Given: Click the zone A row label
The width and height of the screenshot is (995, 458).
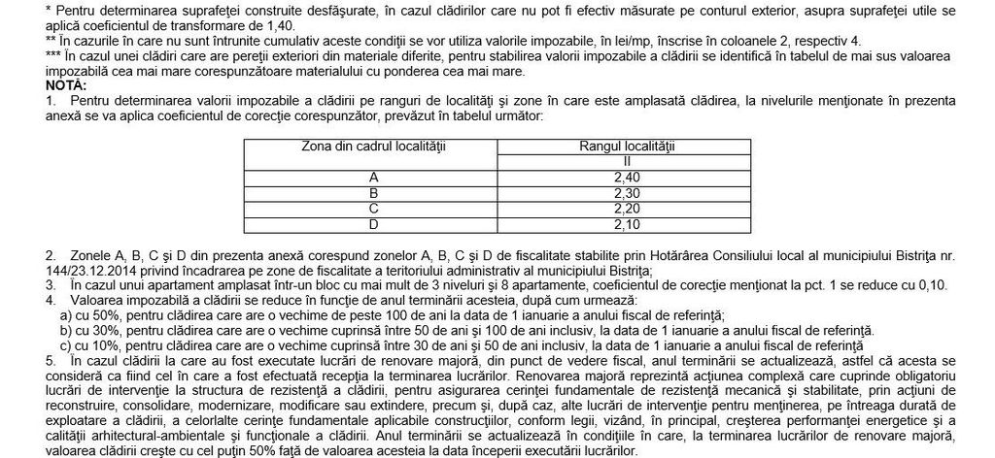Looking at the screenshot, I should coord(374,178).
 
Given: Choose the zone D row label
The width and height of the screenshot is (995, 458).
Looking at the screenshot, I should coord(374,223).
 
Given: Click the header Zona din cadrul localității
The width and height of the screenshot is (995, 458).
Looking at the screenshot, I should coord(374,146).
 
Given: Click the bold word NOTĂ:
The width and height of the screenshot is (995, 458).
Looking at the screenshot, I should coord(25,86).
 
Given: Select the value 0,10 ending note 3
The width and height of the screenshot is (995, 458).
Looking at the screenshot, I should coord(931,285).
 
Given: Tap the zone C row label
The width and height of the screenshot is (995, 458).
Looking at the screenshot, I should coord(374,208).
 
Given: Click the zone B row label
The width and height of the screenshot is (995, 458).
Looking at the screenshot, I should coord(374,193).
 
